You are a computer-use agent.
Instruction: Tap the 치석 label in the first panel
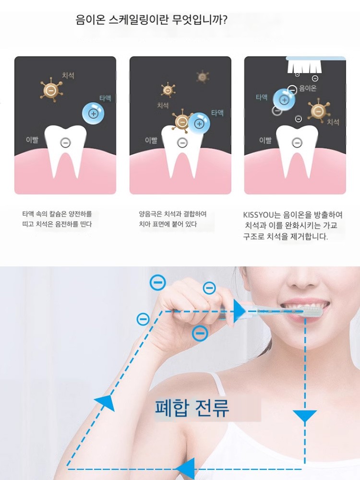tap(68, 75)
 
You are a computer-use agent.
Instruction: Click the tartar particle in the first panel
tap(51, 90)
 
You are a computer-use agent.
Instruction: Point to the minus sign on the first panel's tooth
tap(65, 143)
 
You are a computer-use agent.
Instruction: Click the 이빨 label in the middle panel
tap(151, 140)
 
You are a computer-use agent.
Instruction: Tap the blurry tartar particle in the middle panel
tap(203, 76)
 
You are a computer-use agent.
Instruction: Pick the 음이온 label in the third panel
tap(308, 88)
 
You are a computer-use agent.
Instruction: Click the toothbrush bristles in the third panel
tap(303, 67)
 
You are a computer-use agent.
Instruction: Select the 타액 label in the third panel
tap(262, 97)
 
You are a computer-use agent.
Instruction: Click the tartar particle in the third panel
tap(319, 111)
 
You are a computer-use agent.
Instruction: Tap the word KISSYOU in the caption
tap(258, 215)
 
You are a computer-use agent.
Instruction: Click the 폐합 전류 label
tap(192, 408)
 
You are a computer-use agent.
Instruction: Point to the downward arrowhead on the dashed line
tap(305, 416)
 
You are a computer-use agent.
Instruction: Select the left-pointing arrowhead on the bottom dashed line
tap(185, 468)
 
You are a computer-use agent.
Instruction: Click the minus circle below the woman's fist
tap(200, 334)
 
